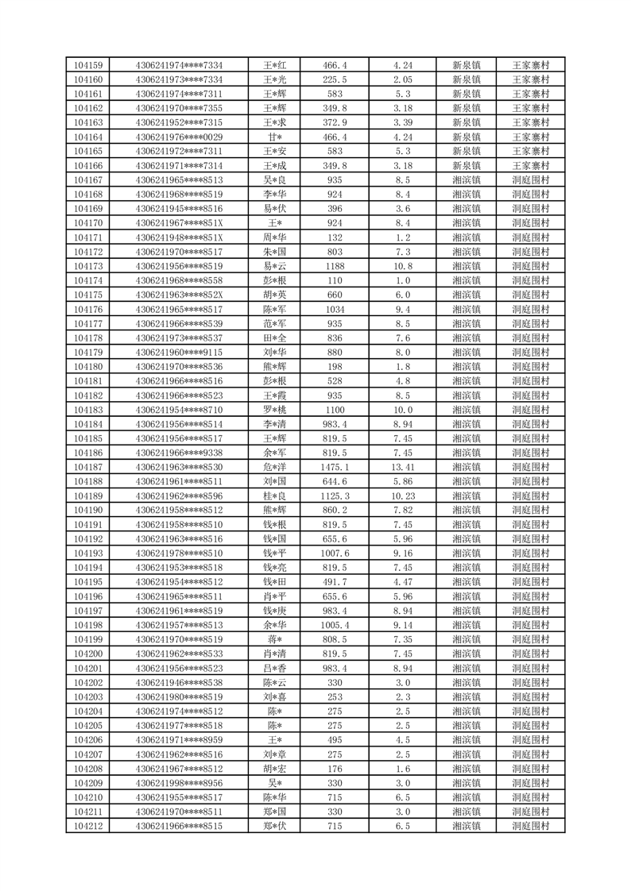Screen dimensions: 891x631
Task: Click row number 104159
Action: click(87, 65)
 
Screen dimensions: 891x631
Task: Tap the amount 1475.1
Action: click(335, 467)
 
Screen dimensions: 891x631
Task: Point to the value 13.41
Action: click(402, 467)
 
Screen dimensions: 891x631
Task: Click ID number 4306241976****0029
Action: click(179, 137)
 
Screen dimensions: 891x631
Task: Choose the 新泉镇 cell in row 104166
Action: click(466, 165)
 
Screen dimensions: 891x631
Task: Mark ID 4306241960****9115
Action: click(179, 352)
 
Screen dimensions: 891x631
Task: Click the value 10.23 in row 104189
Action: click(402, 496)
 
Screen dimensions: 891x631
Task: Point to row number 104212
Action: click(87, 826)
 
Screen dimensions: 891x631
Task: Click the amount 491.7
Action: click(335, 582)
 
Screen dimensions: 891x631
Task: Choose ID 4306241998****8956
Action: click(179, 783)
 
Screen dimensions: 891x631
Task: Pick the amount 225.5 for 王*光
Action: click(335, 79)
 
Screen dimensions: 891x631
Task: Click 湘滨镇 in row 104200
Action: click(466, 654)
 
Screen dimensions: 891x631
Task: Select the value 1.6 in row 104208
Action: click(402, 769)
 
